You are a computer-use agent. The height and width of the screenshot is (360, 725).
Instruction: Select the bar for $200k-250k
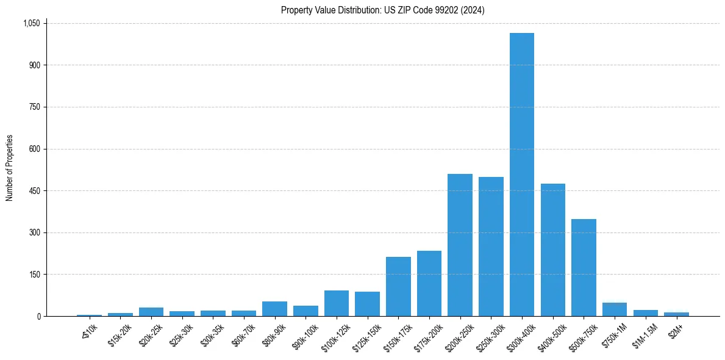pos(460,245)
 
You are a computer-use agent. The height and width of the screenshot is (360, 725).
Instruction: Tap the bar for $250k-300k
pos(491,247)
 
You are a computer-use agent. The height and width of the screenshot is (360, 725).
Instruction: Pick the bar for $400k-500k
pos(552,250)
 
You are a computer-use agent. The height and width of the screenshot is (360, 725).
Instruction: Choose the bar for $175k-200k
pos(429,283)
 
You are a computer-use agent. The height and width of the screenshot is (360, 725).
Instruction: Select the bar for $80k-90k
pos(274,309)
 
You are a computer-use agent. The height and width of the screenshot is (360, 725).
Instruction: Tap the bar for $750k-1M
pos(615,309)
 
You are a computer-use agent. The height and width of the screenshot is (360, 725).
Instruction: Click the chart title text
pos(382,10)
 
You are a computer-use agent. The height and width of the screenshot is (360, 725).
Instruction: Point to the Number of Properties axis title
pos(10,168)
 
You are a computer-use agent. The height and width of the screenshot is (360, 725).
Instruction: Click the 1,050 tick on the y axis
pos(31,23)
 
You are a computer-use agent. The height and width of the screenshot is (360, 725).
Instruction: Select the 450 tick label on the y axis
pos(34,191)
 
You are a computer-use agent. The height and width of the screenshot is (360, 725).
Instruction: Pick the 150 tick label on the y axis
pos(34,275)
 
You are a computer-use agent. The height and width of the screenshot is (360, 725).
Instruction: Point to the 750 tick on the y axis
pos(34,107)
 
